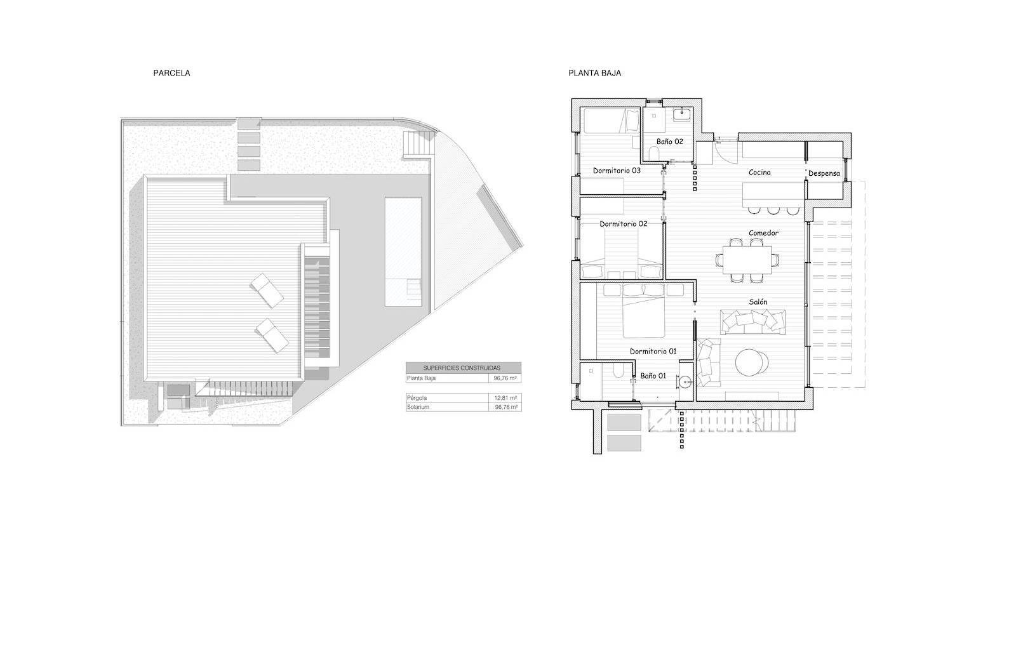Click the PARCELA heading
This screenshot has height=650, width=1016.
coord(171,73)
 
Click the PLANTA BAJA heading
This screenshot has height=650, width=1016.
coord(594,73)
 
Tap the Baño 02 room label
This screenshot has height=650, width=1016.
coord(669,142)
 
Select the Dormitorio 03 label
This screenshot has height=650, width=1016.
coord(617,170)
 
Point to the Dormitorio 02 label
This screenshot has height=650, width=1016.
coord(623,223)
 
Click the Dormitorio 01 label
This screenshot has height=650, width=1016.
coord(653,351)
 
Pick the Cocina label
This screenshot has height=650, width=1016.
coord(759,172)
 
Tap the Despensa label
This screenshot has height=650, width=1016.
coord(824,173)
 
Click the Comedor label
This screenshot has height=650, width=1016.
coord(763,233)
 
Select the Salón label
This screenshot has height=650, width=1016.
coord(758,302)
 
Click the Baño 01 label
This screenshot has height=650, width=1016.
coord(653,376)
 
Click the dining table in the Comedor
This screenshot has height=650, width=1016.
coord(747,260)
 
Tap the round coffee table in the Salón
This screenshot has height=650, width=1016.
coord(752,362)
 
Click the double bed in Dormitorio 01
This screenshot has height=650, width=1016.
coord(644,311)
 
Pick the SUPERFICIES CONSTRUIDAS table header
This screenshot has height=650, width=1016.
coord(462,368)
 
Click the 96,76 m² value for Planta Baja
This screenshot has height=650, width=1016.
coord(505,378)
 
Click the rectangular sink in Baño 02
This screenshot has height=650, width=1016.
coord(682,115)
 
